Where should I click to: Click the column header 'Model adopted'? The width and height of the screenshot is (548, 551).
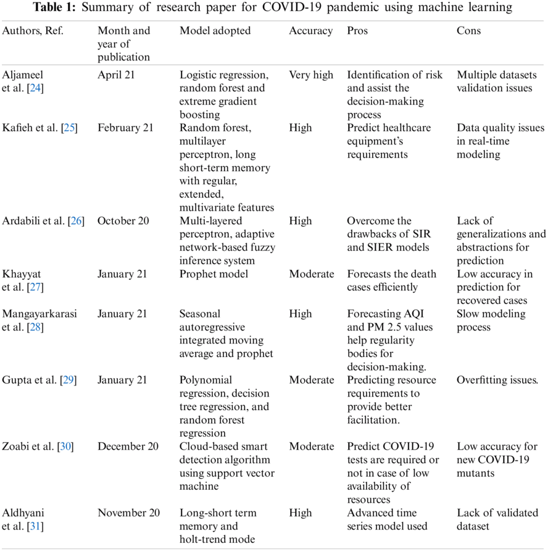pos(215,31)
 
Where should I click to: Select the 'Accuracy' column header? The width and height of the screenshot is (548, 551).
pos(310,31)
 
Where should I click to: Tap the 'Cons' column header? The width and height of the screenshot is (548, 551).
pos(469,31)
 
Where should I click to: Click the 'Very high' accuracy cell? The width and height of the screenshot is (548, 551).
pos(311,75)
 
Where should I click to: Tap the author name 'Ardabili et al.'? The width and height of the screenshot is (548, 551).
pos(33,221)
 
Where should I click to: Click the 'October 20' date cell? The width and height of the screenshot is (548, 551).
pos(123,221)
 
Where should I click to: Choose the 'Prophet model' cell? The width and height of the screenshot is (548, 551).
pos(214,274)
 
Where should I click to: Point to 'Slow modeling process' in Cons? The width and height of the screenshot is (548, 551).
pos(491,320)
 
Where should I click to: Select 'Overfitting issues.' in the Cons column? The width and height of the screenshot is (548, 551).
pos(497,380)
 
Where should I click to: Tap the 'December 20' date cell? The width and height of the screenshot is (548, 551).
pos(128,446)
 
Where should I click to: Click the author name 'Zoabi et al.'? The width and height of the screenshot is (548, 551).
pos(28,446)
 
